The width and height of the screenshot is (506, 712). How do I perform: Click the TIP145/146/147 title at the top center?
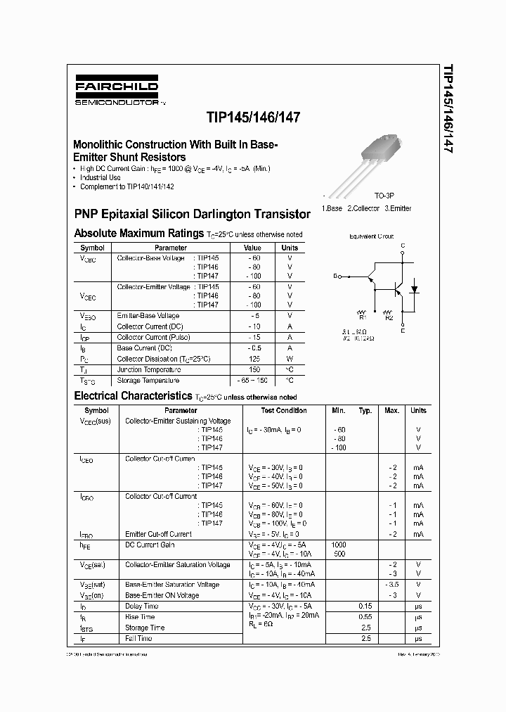click(x=253, y=118)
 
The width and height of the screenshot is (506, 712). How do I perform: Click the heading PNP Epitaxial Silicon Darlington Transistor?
click(x=192, y=214)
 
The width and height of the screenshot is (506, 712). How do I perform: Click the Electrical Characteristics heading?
click(x=133, y=396)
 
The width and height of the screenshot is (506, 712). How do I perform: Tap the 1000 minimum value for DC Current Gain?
click(x=339, y=545)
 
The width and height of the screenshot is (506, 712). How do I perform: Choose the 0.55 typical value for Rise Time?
click(x=365, y=616)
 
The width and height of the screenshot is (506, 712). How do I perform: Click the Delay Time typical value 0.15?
click(x=365, y=606)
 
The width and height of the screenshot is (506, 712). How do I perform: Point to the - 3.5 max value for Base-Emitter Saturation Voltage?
click(x=391, y=584)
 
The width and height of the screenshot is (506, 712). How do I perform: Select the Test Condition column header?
click(x=283, y=410)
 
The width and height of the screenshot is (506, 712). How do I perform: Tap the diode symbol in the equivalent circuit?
click(x=414, y=289)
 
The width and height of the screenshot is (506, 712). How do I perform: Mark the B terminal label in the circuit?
click(x=335, y=276)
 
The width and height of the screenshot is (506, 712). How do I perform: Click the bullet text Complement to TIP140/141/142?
click(x=126, y=186)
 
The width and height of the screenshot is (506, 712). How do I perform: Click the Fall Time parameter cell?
click(x=138, y=638)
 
